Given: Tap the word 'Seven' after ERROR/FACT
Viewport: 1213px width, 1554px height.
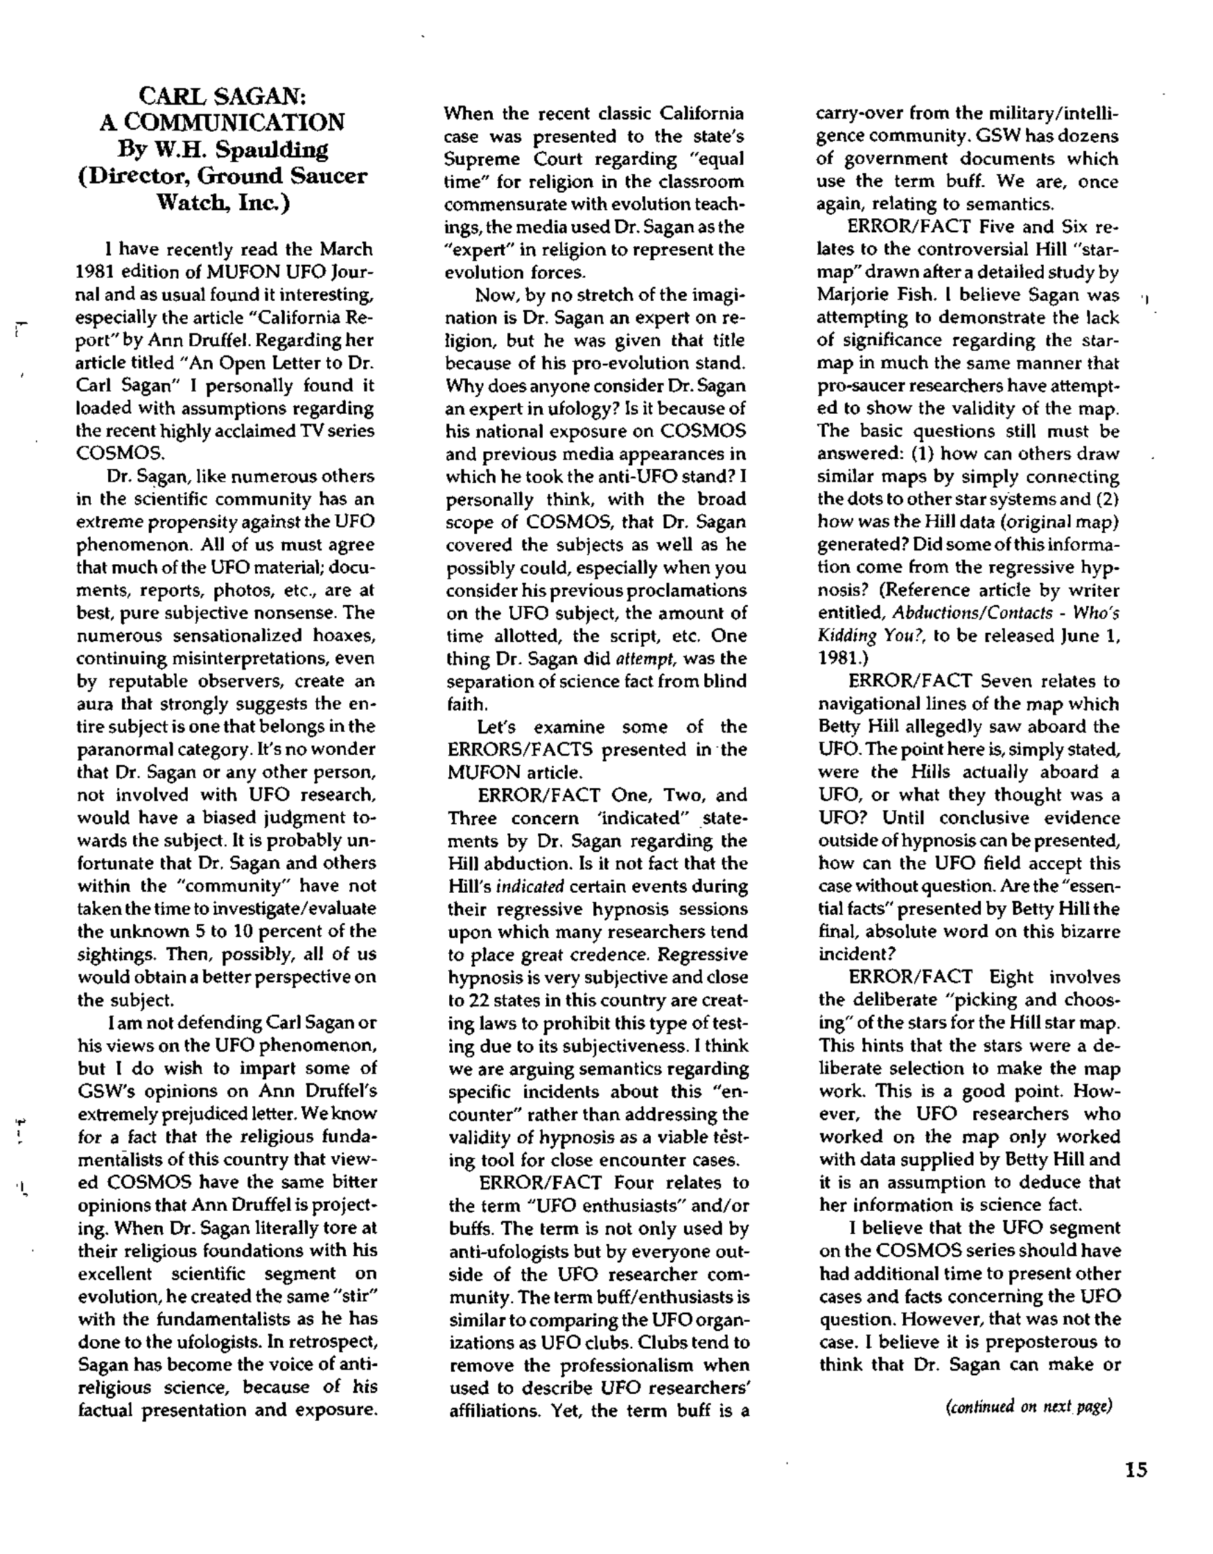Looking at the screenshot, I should pos(1005,681).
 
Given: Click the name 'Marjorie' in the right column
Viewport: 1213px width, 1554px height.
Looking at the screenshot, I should pos(847,295).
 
